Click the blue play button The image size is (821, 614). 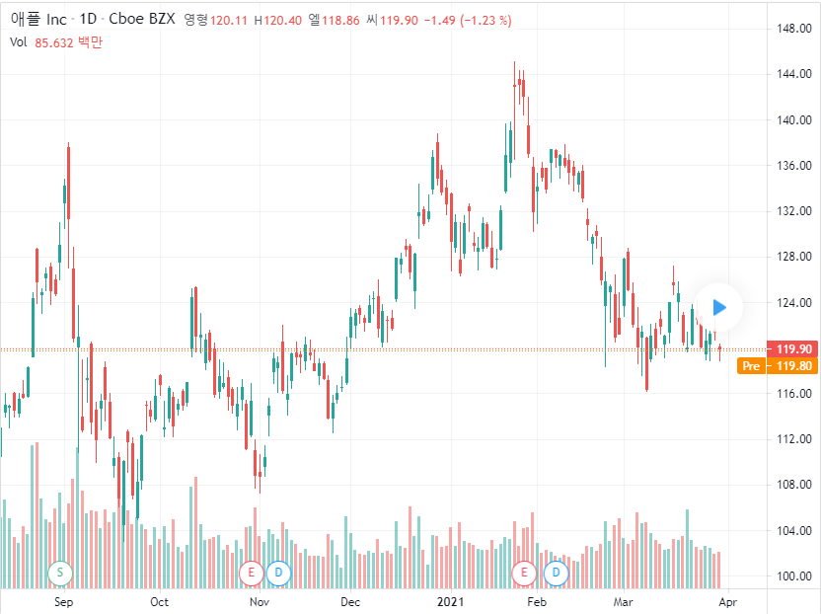(x=719, y=307)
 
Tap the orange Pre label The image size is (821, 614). (x=751, y=366)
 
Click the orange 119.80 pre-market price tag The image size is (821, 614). (x=794, y=366)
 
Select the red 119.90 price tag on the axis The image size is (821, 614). (x=794, y=349)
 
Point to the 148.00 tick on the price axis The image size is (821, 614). (x=794, y=28)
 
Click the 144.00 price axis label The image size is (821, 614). (x=794, y=74)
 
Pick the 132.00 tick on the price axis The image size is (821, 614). (x=794, y=211)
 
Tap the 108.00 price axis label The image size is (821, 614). (x=794, y=485)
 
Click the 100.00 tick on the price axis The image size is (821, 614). (x=794, y=576)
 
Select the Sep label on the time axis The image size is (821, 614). (x=63, y=600)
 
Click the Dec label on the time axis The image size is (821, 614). (x=349, y=600)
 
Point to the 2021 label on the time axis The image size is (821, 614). (x=450, y=600)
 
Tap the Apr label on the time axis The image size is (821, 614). (x=727, y=600)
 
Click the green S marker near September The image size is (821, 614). (x=59, y=572)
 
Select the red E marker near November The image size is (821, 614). (x=251, y=572)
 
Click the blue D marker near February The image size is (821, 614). (x=557, y=572)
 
